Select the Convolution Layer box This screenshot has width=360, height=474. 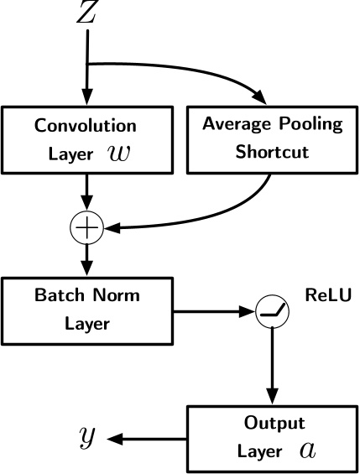click(86, 138)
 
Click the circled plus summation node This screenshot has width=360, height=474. click(86, 227)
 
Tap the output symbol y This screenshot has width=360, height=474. click(86, 436)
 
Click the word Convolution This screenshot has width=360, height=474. click(86, 126)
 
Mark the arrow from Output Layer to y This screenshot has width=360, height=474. click(147, 437)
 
